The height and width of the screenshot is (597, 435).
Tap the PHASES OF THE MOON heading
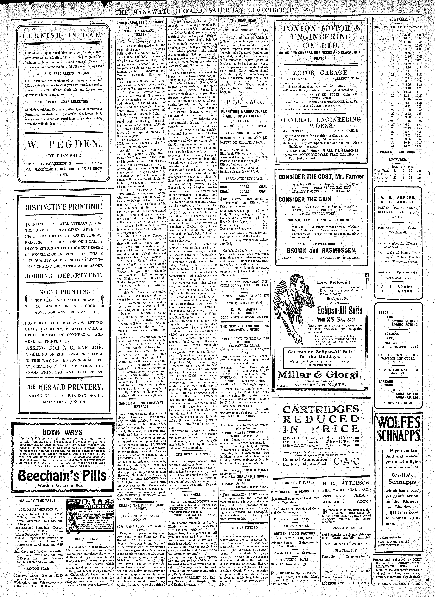point(398,152)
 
